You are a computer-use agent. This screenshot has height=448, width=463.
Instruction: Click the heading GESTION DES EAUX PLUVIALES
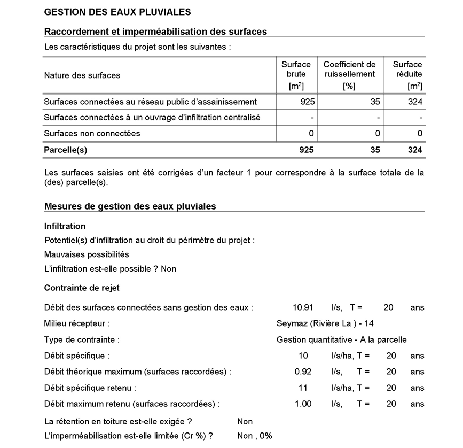[117, 12]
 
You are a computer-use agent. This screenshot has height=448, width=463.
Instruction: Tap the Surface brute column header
[296, 75]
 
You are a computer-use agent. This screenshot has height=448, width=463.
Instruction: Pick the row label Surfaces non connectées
[92, 133]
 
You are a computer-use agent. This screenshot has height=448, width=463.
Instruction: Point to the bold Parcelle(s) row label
[65, 150]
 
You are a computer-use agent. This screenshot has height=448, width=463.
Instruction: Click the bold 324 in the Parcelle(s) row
[414, 150]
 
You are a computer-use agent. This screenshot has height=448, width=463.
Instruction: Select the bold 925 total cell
[306, 150]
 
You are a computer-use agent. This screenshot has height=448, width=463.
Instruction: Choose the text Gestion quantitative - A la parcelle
[341, 339]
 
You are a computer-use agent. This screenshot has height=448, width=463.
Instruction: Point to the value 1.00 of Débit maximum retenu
[303, 404]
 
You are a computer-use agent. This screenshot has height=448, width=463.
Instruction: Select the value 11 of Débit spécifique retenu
[303, 388]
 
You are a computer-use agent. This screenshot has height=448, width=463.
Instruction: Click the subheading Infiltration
[65, 226]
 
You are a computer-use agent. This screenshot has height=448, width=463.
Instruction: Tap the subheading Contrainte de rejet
[82, 288]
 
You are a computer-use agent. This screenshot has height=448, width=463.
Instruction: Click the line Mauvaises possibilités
[86, 254]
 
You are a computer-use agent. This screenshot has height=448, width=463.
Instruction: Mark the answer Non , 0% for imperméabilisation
[255, 436]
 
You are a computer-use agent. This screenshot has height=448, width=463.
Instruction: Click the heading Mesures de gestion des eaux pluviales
[130, 206]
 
